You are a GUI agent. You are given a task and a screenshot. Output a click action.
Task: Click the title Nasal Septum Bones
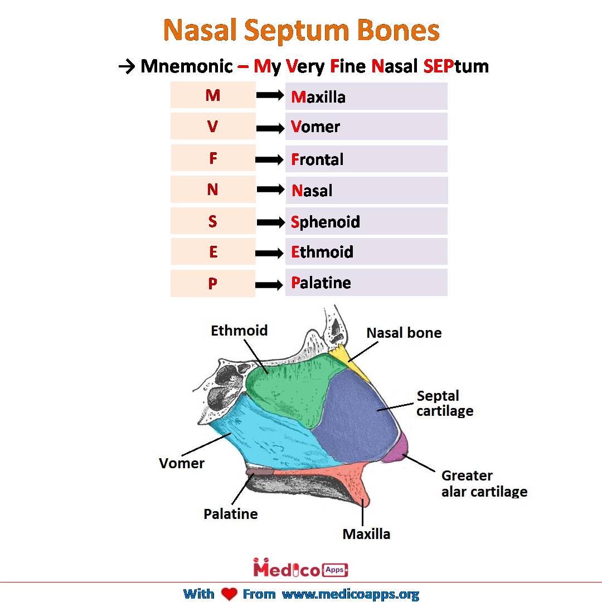[x=301, y=30]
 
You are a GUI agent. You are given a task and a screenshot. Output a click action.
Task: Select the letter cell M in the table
[x=212, y=95]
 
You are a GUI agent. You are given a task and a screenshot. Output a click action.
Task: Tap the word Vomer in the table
[x=315, y=127]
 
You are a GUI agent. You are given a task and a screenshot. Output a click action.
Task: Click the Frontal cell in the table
[x=366, y=159]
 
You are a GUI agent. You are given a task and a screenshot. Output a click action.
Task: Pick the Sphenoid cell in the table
[x=366, y=222]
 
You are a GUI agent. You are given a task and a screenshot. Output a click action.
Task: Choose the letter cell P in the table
[x=212, y=284]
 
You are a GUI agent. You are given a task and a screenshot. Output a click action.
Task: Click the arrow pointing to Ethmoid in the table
[x=270, y=253]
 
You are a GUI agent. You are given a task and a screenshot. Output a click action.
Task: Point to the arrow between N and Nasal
[x=270, y=190]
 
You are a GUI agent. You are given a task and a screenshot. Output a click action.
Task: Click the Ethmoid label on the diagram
[x=239, y=331]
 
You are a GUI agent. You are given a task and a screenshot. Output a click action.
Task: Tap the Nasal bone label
[x=404, y=333]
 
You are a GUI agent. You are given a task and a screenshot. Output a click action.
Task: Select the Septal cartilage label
[x=444, y=404]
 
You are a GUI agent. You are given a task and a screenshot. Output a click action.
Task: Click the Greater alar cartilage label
[x=484, y=483]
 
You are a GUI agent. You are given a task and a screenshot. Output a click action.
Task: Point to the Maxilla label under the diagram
[x=366, y=534]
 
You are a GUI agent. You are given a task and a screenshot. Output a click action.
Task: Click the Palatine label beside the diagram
[x=231, y=514]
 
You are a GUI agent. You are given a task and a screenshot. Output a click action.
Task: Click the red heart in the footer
[x=229, y=594]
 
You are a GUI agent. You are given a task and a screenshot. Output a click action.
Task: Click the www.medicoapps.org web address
[x=350, y=594]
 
